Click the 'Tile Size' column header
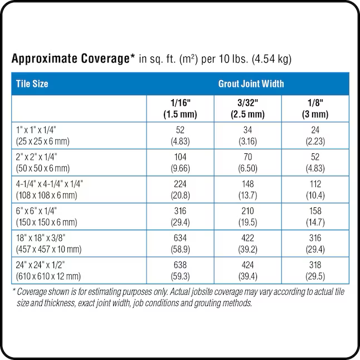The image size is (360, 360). (x=32, y=84)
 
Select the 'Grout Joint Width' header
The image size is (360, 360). (x=250, y=84)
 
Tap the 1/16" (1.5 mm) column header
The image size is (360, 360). (x=180, y=109)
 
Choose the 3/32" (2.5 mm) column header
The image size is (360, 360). (x=247, y=109)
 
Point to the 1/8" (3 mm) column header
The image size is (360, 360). (x=315, y=109)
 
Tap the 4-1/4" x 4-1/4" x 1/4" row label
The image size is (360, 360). (x=50, y=189)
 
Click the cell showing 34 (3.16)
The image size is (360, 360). (x=247, y=135)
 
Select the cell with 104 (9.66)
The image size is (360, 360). (x=180, y=163)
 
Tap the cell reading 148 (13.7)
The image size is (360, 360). (x=247, y=189)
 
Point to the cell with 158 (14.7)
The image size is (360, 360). (x=315, y=217)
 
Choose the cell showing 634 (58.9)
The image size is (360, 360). (x=180, y=244)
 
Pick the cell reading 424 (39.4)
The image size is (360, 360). (x=247, y=271)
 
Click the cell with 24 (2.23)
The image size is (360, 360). (x=315, y=135)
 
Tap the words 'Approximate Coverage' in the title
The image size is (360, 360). (x=71, y=59)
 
